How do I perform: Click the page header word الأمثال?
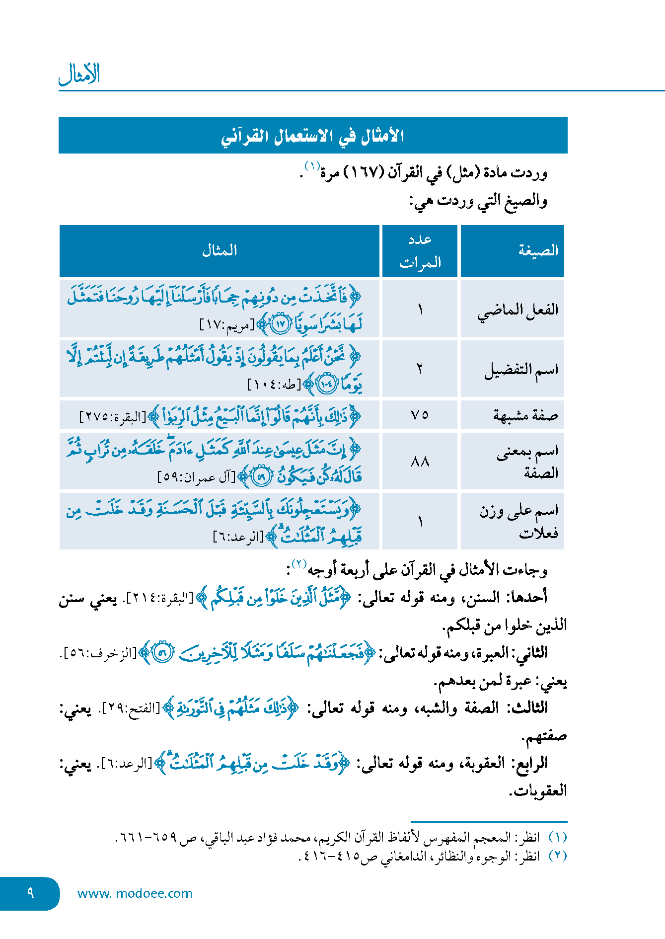pos(79,75)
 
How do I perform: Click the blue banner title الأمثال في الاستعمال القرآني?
pos(312,136)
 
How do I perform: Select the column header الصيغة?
pos(538,250)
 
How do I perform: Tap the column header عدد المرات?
pos(420,251)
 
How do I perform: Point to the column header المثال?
pos(219,250)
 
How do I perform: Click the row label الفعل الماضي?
pos(517,310)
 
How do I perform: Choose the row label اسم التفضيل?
pos(521,370)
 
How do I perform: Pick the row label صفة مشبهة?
pos(525,415)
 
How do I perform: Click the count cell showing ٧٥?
pos(420,415)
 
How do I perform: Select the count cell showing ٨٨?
pos(420,462)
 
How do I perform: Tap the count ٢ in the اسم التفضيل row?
pos(420,369)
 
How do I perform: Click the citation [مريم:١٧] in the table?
pos(226,325)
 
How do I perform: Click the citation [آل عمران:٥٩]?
pos(196,477)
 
